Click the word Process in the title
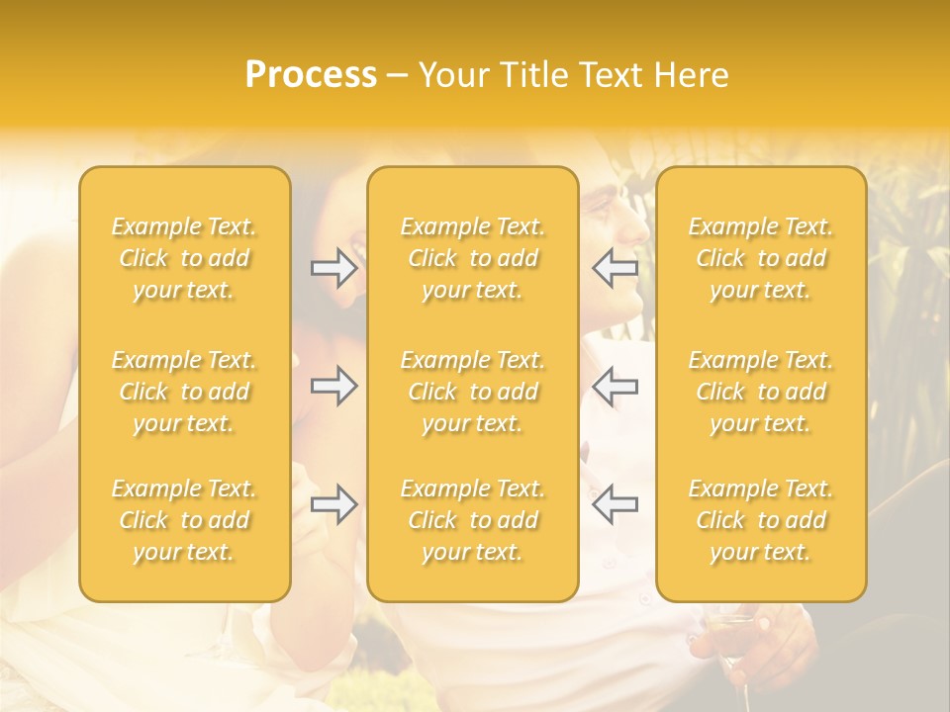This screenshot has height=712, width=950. click(x=311, y=75)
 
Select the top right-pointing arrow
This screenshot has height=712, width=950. click(x=333, y=268)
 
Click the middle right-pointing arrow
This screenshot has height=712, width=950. click(x=333, y=386)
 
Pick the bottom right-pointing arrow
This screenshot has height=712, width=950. click(x=333, y=504)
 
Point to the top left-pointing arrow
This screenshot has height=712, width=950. click(x=615, y=268)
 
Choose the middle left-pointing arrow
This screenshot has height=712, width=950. click(x=615, y=386)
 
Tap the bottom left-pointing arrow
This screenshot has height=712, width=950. click(x=615, y=504)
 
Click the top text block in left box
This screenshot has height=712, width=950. click(x=184, y=258)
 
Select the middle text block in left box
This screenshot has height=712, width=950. click(x=184, y=392)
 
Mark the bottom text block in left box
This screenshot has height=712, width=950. click(x=184, y=520)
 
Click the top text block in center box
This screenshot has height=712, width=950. click(x=472, y=258)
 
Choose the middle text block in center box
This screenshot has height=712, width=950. click(x=472, y=392)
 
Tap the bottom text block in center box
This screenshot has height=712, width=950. click(x=472, y=520)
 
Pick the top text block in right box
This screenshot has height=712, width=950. click(x=761, y=258)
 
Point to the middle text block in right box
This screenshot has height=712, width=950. click(x=761, y=392)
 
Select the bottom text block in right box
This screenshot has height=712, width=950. click(x=761, y=520)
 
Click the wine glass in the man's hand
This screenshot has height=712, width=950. click(x=729, y=633)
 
